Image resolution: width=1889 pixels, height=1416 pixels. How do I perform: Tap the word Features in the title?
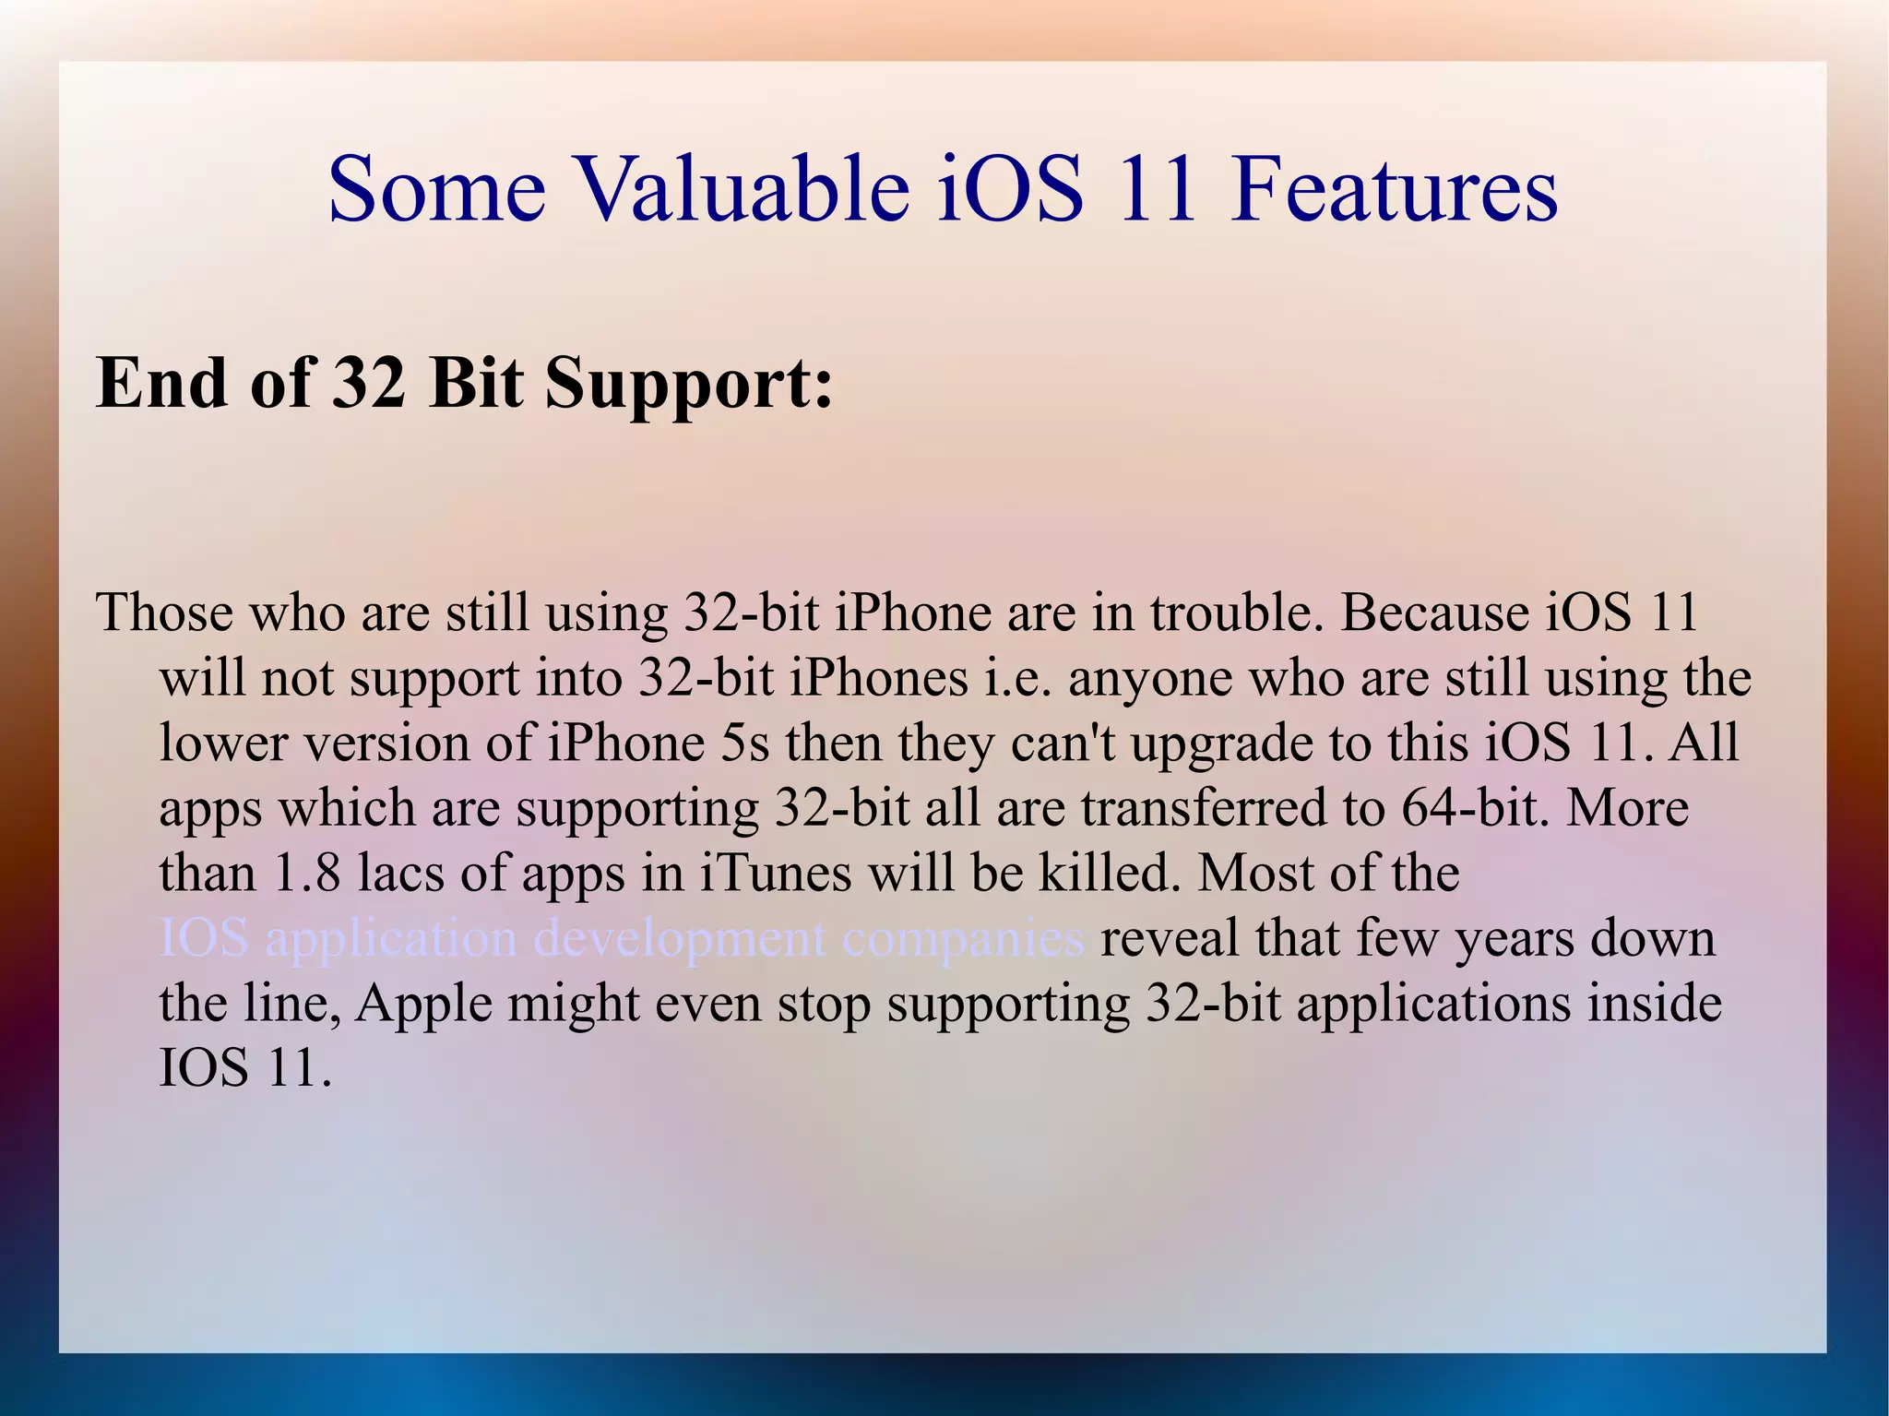pos(1394,189)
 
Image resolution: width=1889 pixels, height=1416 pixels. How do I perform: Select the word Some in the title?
pos(437,189)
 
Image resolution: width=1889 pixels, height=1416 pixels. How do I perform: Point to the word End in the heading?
pos(161,382)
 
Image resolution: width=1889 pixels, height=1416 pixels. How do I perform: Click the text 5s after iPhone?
pos(744,743)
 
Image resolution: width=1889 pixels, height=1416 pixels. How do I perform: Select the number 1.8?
pos(307,874)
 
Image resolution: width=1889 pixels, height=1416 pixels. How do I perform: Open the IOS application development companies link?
pos(622,940)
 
